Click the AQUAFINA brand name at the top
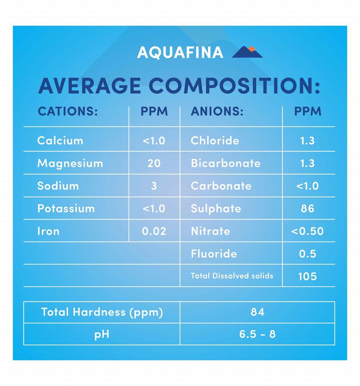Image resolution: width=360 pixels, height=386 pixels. pyautogui.click(x=180, y=52)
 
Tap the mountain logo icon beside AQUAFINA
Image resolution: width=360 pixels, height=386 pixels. pyautogui.click(x=247, y=52)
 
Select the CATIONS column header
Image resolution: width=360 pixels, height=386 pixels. pyautogui.click(x=68, y=111)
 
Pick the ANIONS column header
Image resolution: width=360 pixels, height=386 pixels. pyautogui.click(x=217, y=111)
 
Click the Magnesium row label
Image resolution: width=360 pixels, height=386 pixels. pyautogui.click(x=70, y=163)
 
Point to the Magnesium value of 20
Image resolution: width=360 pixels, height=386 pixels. pyautogui.click(x=154, y=163)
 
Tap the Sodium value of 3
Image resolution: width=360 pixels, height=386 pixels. pyautogui.click(x=154, y=186)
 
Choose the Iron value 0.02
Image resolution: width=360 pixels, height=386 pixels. pyautogui.click(x=154, y=231)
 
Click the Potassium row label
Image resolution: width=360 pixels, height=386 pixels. pyautogui.click(x=66, y=209)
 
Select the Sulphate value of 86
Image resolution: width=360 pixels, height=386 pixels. pyautogui.click(x=307, y=209)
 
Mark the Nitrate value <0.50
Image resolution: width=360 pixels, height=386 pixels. pyautogui.click(x=307, y=231)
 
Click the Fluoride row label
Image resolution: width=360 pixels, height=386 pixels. pyautogui.click(x=214, y=254)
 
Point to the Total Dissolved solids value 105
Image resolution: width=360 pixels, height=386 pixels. pyautogui.click(x=307, y=276)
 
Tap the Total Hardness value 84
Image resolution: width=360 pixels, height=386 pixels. pyautogui.click(x=257, y=312)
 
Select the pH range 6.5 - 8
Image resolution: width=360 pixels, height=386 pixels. pyautogui.click(x=257, y=334)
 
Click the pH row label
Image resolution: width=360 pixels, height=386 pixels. pyautogui.click(x=102, y=334)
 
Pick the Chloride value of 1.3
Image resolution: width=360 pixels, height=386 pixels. pyautogui.click(x=307, y=140)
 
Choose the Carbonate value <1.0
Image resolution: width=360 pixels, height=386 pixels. pyautogui.click(x=307, y=186)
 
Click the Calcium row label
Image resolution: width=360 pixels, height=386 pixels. pyautogui.click(x=60, y=140)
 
